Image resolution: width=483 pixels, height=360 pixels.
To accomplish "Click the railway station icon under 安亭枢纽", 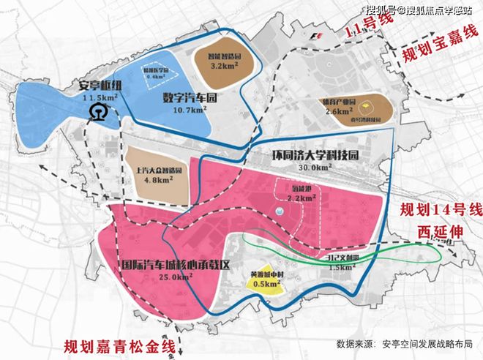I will pyautogui.click(x=95, y=112).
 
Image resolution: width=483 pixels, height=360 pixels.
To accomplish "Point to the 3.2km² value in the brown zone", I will pyautogui.click(x=229, y=64).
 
